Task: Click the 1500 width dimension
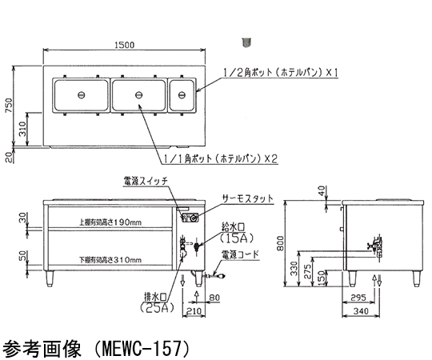(124, 45)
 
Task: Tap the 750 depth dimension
(9, 105)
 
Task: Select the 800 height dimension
(280, 243)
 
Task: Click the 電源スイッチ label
(146, 182)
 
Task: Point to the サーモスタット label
(248, 198)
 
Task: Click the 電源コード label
(241, 254)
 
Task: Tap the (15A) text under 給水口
(237, 238)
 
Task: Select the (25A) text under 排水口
(157, 307)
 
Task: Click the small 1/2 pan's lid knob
(182, 95)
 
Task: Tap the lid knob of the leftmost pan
(82, 95)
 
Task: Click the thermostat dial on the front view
(194, 218)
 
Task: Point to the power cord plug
(221, 274)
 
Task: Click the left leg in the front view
(50, 278)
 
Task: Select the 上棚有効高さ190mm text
(110, 222)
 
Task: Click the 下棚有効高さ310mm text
(110, 260)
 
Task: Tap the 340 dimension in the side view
(361, 311)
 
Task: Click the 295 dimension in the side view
(358, 297)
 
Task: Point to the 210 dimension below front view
(194, 311)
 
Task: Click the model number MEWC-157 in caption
(142, 348)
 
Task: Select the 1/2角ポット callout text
(281, 73)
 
